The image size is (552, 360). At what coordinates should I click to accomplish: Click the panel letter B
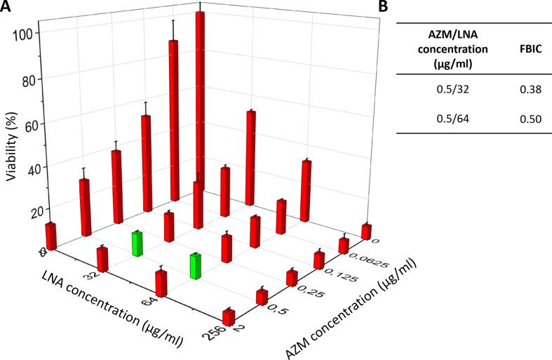coord(383,7)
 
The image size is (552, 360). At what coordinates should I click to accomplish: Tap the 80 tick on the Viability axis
coord(28,80)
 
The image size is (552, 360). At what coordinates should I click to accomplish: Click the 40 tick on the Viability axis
coord(28,168)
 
